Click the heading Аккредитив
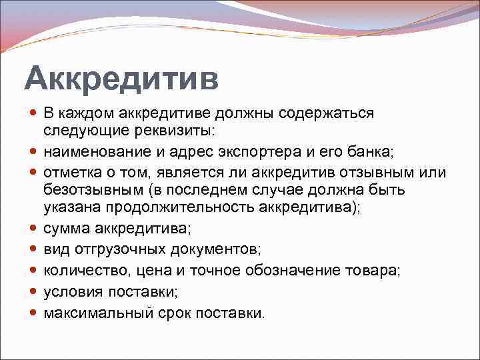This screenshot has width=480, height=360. click(x=121, y=78)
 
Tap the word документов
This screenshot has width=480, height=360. click(x=219, y=250)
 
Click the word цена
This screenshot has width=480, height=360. click(x=151, y=271)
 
